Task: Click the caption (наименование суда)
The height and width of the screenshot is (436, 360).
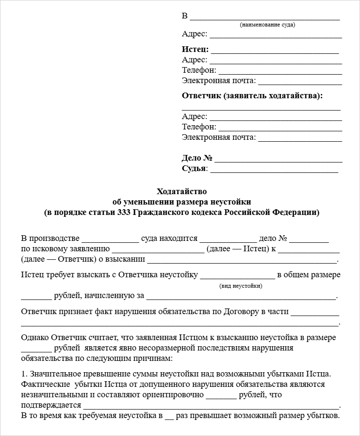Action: click(x=267, y=25)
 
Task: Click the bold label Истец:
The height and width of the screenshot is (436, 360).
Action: click(x=195, y=50)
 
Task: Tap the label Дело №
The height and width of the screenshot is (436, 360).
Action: click(x=197, y=158)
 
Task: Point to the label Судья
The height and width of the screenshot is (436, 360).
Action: click(x=194, y=169)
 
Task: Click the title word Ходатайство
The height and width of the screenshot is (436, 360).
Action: click(x=182, y=192)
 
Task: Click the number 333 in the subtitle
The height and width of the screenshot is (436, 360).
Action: click(x=123, y=213)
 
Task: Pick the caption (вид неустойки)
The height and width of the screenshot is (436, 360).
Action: click(x=241, y=286)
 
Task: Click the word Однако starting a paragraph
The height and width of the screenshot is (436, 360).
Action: click(x=34, y=338)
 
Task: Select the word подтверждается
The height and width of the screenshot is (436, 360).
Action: click(x=51, y=405)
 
